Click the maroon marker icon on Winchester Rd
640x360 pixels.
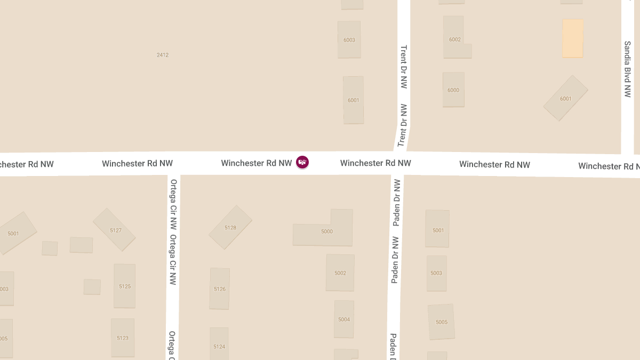coord(302,162)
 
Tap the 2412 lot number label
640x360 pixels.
coord(163,55)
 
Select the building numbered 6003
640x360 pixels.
coord(349,39)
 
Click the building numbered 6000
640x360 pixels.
coord(453,90)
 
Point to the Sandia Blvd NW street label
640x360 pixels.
coord(628,69)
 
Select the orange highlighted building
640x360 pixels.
coord(572,38)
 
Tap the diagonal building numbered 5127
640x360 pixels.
coord(114,229)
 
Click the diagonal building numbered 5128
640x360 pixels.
coord(230,227)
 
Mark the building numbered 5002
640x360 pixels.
coord(340,273)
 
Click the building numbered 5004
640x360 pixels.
coord(344,319)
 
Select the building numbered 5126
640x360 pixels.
coord(220,289)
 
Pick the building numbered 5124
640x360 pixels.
coord(219,346)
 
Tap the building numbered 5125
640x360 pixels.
coord(124,286)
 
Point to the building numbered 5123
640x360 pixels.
coord(123,337)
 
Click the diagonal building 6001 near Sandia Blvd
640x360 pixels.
coord(565,98)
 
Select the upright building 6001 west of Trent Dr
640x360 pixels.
coord(353,100)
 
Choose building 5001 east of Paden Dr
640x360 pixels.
coord(437,229)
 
